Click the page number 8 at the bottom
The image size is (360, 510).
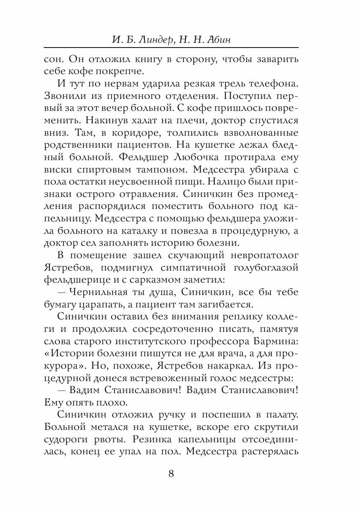click(x=171, y=474)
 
